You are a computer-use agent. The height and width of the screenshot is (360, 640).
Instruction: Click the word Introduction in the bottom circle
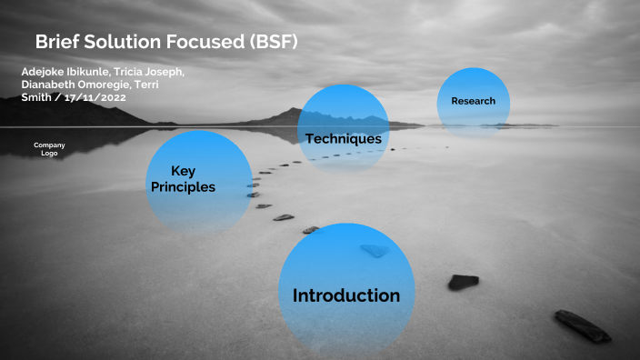[345, 295]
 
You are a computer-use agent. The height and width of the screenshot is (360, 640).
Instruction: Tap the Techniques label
[343, 139]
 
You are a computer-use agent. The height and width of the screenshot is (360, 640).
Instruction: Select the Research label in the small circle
[473, 101]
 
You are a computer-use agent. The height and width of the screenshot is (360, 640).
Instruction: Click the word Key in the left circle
[184, 171]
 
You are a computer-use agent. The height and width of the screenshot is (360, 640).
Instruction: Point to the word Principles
[182, 187]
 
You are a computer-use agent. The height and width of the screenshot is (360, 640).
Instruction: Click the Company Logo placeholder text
[49, 149]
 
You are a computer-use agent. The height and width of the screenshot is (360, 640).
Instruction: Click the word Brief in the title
[60, 42]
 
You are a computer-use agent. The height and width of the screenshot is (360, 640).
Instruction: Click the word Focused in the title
[215, 42]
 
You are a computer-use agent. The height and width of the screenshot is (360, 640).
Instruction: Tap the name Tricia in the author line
[133, 71]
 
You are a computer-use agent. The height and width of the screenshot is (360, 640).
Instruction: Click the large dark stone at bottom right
[583, 325]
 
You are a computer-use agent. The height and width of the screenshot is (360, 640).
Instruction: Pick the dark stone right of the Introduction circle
[463, 282]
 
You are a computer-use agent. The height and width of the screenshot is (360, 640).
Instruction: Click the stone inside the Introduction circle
[374, 250]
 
